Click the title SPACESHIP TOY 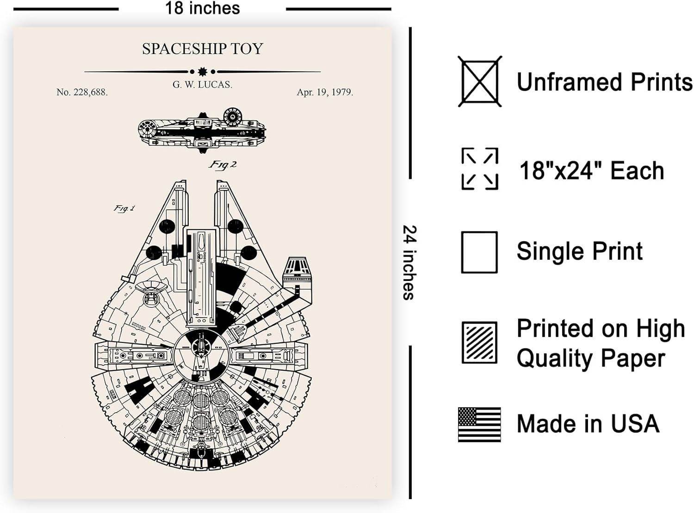click(202, 49)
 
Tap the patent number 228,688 click(82, 92)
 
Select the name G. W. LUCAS click(202, 85)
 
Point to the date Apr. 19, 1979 click(325, 92)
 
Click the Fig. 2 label click(223, 165)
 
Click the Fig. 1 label click(124, 208)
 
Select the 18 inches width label click(202, 8)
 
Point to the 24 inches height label click(409, 262)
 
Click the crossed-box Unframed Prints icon click(479, 82)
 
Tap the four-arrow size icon click(479, 169)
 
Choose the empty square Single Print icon click(479, 252)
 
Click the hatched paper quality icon click(479, 342)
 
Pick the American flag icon click(479, 424)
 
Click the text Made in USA click(588, 424)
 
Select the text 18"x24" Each click(591, 171)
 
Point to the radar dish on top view click(150, 289)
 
